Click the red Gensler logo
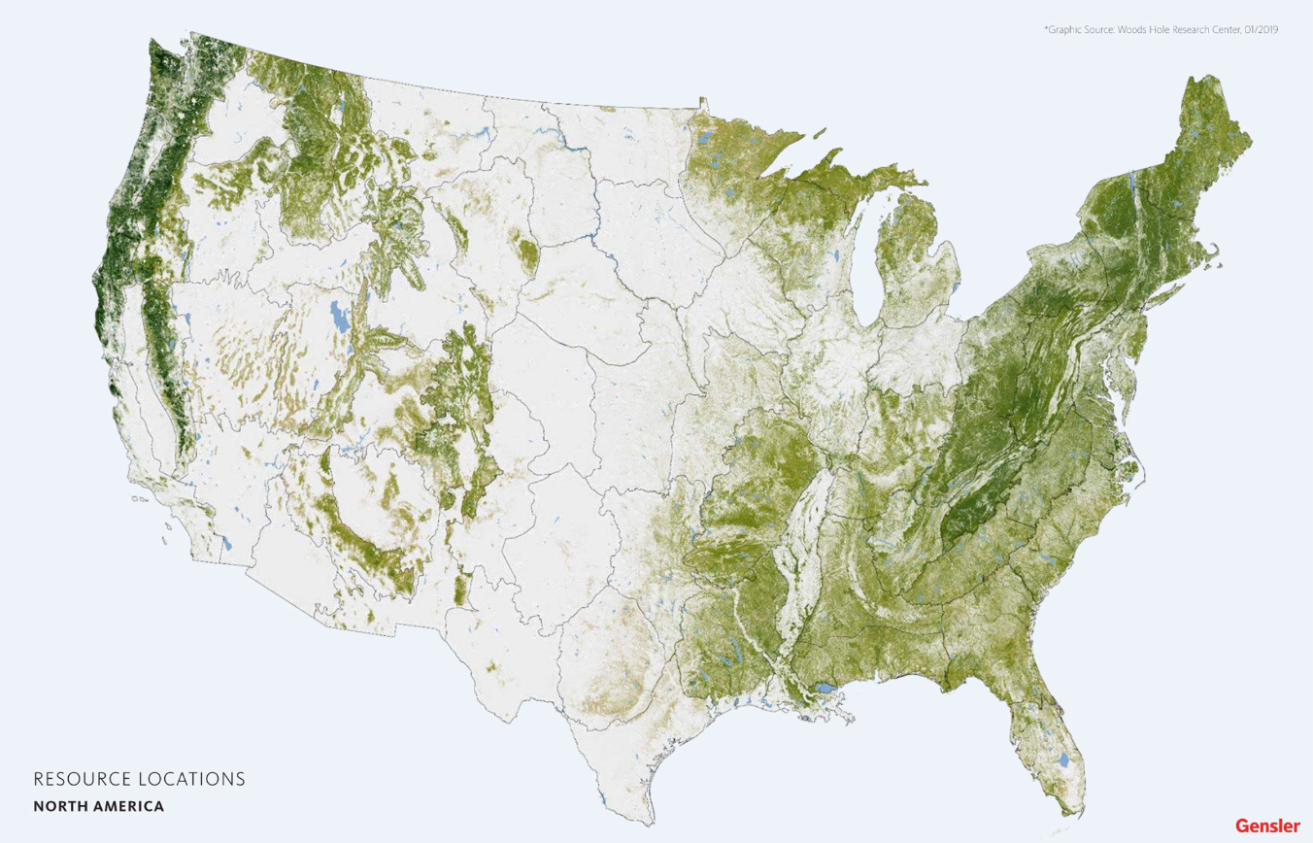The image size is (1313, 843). [1267, 826]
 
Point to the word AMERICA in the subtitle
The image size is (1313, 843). [128, 806]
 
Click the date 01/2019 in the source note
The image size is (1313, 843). [1260, 30]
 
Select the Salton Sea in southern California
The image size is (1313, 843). [226, 545]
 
